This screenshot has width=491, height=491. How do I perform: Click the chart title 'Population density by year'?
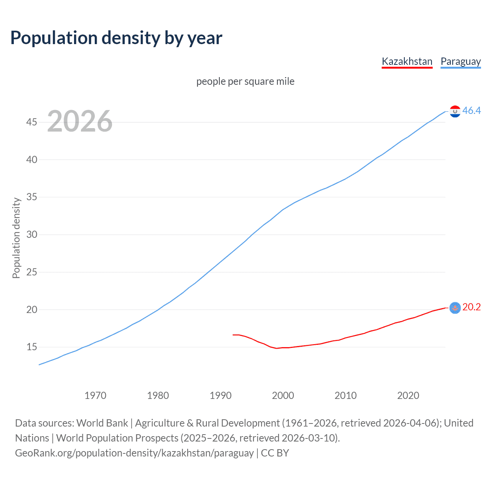pyautogui.click(x=116, y=38)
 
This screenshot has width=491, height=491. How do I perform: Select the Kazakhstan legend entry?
pyautogui.click(x=407, y=61)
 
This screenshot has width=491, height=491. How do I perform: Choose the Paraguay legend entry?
pyautogui.click(x=460, y=61)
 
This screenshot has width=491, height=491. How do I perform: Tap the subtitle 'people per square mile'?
pyautogui.click(x=245, y=81)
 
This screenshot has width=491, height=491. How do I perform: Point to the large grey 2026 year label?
pyautogui.click(x=80, y=121)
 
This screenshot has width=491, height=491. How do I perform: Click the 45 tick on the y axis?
pyautogui.click(x=32, y=122)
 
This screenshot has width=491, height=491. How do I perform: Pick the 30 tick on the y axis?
pyautogui.click(x=32, y=234)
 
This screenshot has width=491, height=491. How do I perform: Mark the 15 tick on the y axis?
pyautogui.click(x=32, y=347)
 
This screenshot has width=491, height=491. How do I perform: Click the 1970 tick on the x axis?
pyautogui.click(x=96, y=395)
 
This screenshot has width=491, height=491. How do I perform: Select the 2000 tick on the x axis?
pyautogui.click(x=283, y=395)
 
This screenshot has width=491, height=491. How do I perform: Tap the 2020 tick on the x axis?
pyautogui.click(x=408, y=395)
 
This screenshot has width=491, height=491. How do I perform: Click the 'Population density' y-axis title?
pyautogui.click(x=16, y=238)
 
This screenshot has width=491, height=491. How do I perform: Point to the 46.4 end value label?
pyautogui.click(x=471, y=111)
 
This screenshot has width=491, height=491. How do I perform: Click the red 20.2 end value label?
pyautogui.click(x=471, y=307)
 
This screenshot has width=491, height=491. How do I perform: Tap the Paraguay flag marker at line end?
pyautogui.click(x=455, y=111)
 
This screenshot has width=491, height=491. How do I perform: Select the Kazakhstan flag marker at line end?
pyautogui.click(x=455, y=308)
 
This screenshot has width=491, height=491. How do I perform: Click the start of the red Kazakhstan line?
pyautogui.click(x=233, y=335)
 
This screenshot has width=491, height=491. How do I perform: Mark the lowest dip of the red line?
pyautogui.click(x=276, y=348)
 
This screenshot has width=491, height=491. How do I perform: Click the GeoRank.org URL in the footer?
pyautogui.click(x=134, y=453)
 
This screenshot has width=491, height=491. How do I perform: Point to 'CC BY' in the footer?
pyautogui.click(x=275, y=453)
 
